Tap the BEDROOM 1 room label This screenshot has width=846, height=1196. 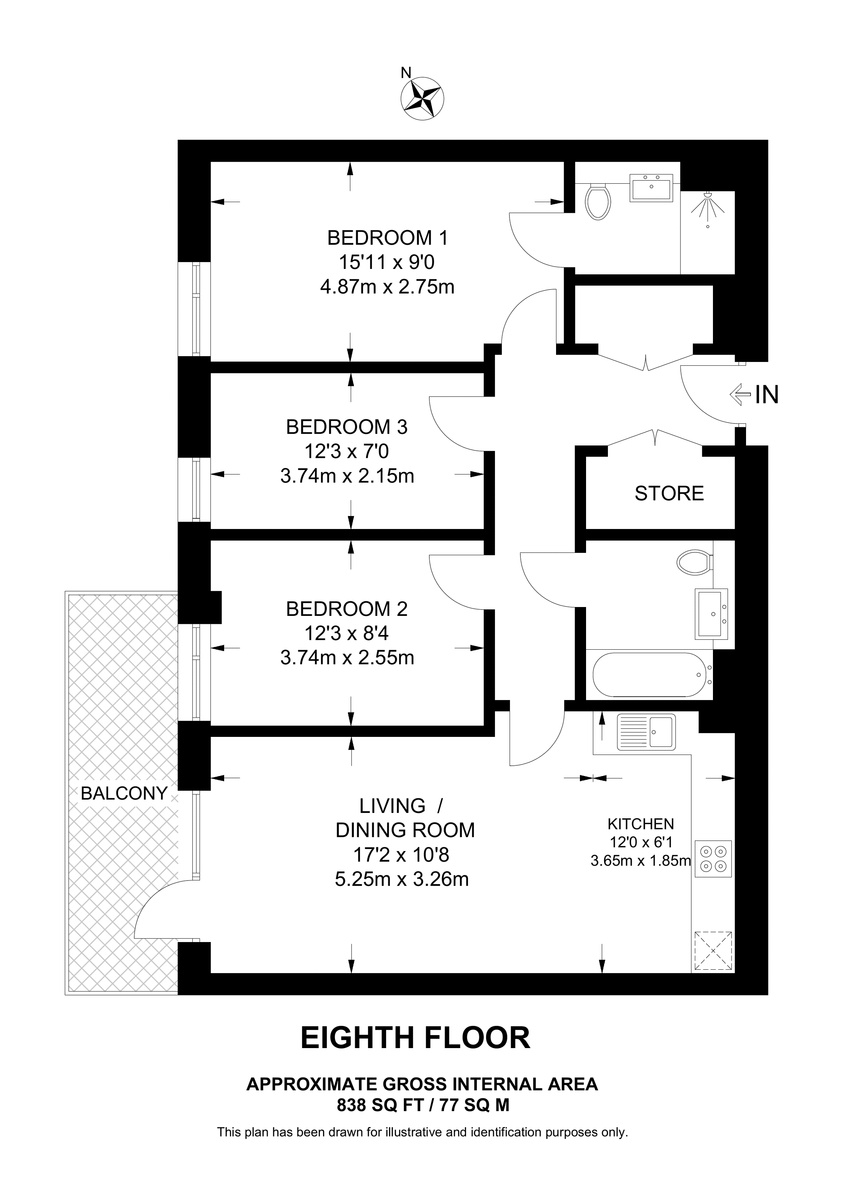click(x=387, y=238)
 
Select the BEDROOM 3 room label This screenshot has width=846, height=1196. click(x=346, y=427)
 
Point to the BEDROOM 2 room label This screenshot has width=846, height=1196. click(x=346, y=609)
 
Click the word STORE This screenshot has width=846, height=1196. click(x=669, y=493)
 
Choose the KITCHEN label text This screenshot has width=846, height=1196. click(x=641, y=824)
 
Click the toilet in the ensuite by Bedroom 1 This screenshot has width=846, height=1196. click(x=598, y=202)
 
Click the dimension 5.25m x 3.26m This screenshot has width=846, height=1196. click(x=401, y=879)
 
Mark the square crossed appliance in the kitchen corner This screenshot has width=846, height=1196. click(x=713, y=951)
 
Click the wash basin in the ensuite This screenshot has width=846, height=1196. click(x=651, y=188)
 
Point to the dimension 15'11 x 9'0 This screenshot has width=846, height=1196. click(x=386, y=262)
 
